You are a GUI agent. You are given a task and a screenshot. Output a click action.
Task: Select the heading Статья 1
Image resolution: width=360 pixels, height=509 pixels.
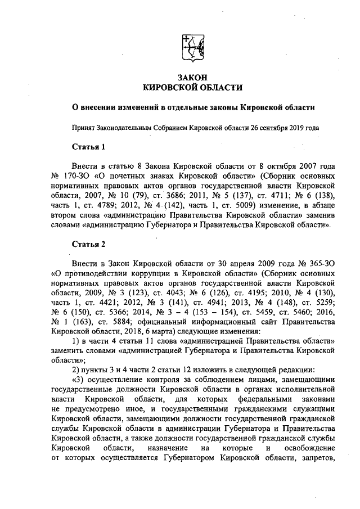coord(89,147)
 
